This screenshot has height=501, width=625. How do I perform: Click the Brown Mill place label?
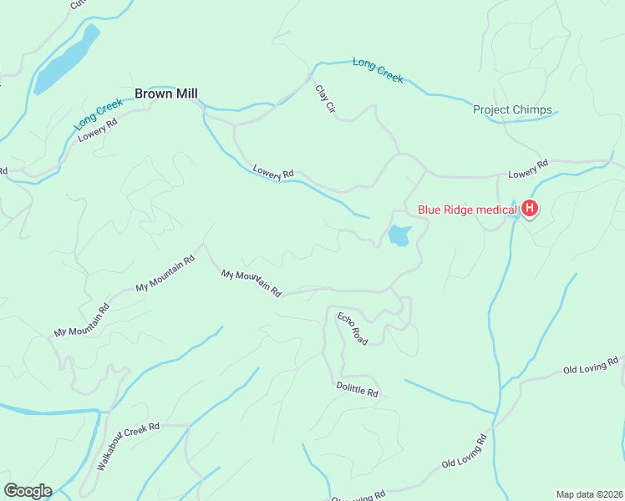[x=166, y=94]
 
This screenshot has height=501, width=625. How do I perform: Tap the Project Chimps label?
[x=512, y=109]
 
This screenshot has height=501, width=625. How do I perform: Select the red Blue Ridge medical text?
[x=467, y=210]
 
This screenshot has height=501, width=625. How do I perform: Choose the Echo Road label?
[x=353, y=328]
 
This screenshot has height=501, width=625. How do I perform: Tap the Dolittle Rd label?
[x=357, y=389]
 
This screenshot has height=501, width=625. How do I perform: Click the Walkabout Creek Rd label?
[x=128, y=448]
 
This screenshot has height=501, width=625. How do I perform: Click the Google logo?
[x=28, y=491]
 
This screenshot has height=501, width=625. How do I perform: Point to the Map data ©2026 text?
[x=589, y=493]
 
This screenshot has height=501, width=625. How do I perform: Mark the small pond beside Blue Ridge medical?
[x=399, y=236]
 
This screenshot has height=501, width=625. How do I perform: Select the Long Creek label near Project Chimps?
[x=378, y=70]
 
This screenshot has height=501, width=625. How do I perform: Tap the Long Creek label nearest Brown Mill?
[x=98, y=114]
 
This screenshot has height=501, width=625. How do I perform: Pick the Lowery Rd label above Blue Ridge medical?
[x=527, y=169]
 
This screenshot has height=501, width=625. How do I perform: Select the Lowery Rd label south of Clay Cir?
[x=273, y=171]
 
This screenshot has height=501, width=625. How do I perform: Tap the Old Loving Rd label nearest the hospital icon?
[x=591, y=366]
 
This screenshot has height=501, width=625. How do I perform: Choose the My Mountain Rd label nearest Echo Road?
[x=251, y=283]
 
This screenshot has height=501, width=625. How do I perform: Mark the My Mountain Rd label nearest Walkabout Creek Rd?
[x=82, y=320]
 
